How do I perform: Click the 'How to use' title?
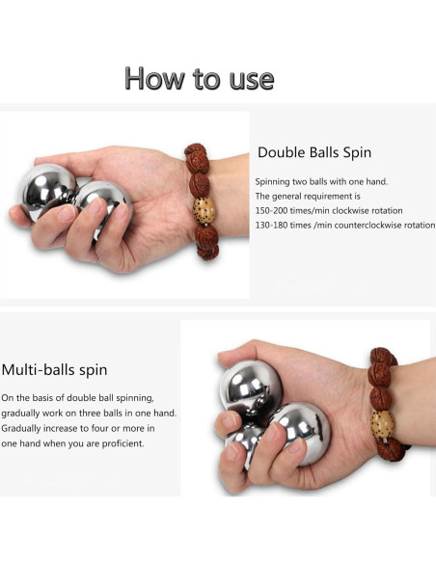[199, 78]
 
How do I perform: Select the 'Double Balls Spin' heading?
[314, 152]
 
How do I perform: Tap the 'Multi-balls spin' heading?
[54, 369]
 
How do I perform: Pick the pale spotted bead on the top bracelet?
[204, 209]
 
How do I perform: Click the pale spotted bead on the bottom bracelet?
[383, 422]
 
